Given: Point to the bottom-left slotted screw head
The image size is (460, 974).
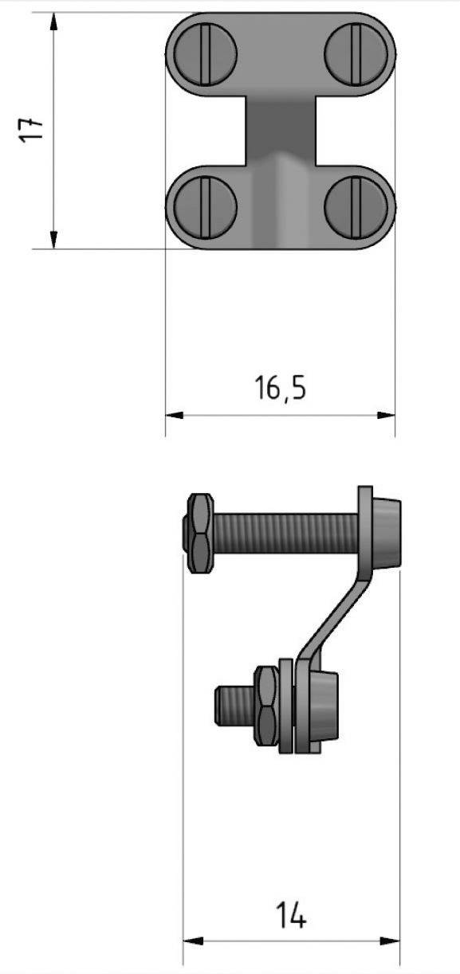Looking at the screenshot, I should click(206, 206).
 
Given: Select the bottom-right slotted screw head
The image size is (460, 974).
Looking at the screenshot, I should click(356, 206).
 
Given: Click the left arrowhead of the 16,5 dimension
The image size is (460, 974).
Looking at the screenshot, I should click(173, 415).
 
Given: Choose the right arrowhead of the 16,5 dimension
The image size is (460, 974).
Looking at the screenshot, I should click(387, 415).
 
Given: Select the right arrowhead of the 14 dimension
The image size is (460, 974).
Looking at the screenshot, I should click(391, 941).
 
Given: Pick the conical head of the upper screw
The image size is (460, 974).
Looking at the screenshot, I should click(385, 532).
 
